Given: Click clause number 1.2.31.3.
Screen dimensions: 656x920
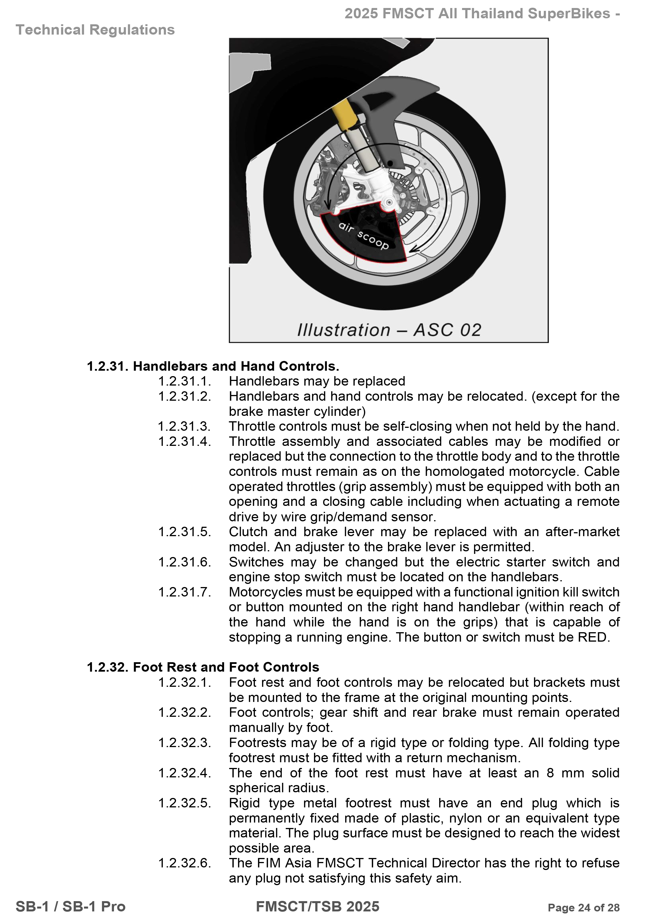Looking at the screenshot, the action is click(185, 426).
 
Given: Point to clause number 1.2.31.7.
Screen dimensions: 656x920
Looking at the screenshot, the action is click(185, 592).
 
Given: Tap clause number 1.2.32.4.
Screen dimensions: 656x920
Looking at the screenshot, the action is click(185, 773).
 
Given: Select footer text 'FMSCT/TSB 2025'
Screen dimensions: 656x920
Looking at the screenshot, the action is click(318, 906).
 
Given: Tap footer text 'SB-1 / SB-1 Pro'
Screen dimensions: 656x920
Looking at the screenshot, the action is click(71, 906).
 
